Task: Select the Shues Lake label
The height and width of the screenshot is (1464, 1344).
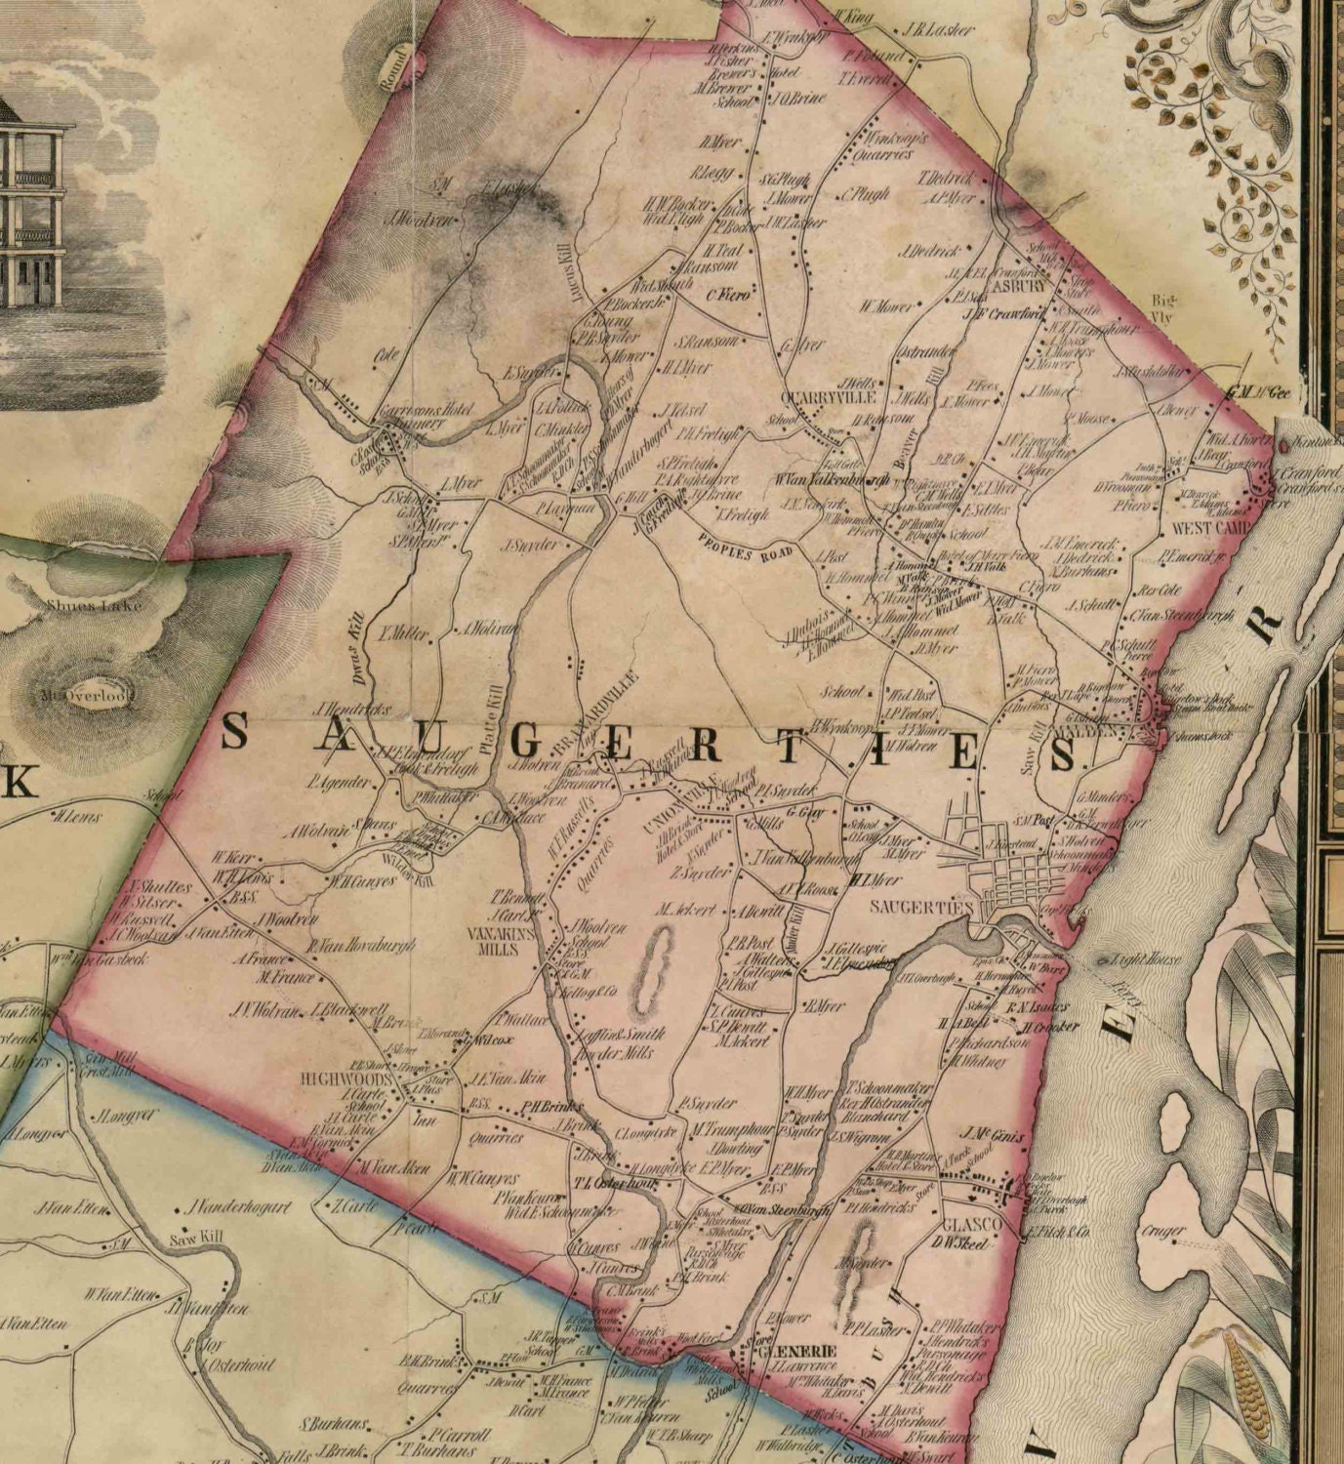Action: (94, 605)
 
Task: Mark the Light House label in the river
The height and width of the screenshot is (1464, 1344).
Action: (1142, 959)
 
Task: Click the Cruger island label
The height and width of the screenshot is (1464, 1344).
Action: (1162, 1232)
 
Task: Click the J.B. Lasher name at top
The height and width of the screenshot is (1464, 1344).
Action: (938, 30)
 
